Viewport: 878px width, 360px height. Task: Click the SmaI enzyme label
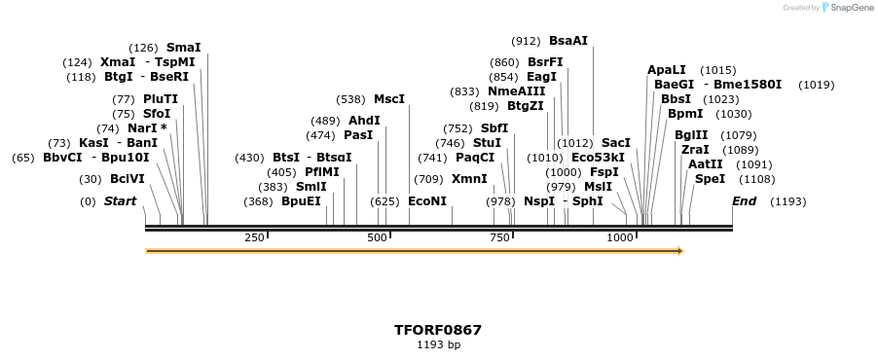184,47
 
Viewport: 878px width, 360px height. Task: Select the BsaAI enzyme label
568,41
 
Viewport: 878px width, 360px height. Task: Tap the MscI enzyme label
389,99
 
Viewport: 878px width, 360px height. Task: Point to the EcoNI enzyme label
427,201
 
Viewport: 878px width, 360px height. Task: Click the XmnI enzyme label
469,179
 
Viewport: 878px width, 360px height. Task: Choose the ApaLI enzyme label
667,70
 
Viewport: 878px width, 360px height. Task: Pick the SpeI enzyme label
710,179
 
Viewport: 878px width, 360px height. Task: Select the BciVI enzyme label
127,179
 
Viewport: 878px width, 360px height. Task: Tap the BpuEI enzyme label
301,201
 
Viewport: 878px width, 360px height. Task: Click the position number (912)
526,41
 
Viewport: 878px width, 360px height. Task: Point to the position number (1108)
757,179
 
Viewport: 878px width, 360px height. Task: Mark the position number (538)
350,99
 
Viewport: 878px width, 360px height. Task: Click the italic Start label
120,201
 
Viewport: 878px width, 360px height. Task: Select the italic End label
744,201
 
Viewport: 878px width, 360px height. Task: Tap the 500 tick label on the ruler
377,237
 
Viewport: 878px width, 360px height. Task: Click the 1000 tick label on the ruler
620,237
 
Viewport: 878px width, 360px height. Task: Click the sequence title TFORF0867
438,330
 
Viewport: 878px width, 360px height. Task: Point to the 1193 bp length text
438,344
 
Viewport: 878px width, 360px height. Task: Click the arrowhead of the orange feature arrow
679,251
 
